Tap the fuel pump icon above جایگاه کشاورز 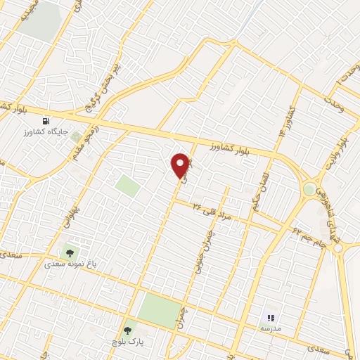pyautogui.click(x=48, y=120)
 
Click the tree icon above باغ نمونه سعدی pyautogui.click(x=69, y=252)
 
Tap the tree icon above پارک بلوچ pyautogui.click(x=127, y=329)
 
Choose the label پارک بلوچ pyautogui.click(x=127, y=342)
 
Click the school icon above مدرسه pyautogui.click(x=271, y=318)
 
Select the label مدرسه pyautogui.click(x=271, y=328)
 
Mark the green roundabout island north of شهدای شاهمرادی pyautogui.click(x=309, y=188)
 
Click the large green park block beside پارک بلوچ pyautogui.click(x=159, y=309)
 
